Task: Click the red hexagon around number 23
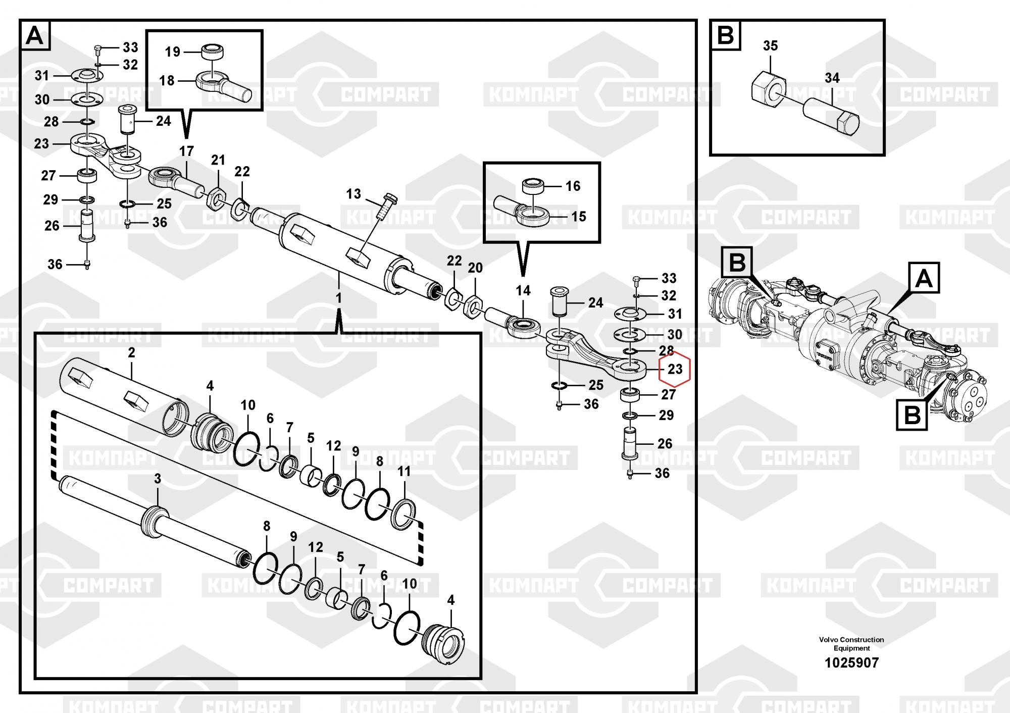pyautogui.click(x=675, y=370)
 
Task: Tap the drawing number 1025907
pyautogui.click(x=851, y=663)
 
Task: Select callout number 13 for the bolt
pyautogui.click(x=353, y=194)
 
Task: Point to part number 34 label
pyautogui.click(x=832, y=78)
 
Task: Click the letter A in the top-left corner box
pyautogui.click(x=35, y=36)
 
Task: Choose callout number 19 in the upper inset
pyautogui.click(x=173, y=52)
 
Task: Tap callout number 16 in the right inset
pyautogui.click(x=573, y=186)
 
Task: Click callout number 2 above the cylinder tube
pyautogui.click(x=131, y=352)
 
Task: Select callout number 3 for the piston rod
pyautogui.click(x=158, y=479)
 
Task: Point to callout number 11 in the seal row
pyautogui.click(x=404, y=471)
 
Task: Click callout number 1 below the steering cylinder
pyautogui.click(x=338, y=298)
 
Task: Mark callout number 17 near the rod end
pyautogui.click(x=186, y=151)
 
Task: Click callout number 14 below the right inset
pyautogui.click(x=523, y=290)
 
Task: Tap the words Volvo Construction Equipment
pyautogui.click(x=851, y=644)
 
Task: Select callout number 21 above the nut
pyautogui.click(x=218, y=160)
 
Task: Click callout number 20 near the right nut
pyautogui.click(x=475, y=268)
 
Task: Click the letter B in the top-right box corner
pyautogui.click(x=726, y=36)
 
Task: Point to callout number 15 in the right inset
pyautogui.click(x=579, y=217)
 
